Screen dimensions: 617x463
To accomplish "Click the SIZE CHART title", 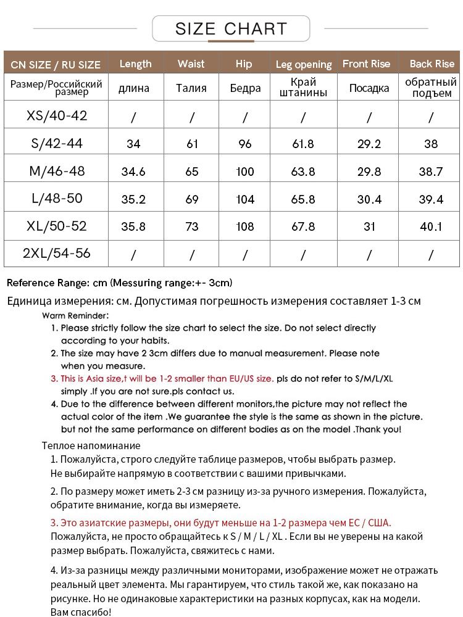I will point(231,28).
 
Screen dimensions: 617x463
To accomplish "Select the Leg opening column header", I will point(303,64).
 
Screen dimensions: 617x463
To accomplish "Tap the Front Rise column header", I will point(366,64).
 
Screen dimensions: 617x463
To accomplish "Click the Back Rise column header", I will point(432,64).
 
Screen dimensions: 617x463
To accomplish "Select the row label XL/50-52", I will point(57,226).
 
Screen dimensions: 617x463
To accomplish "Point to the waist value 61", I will point(192,144).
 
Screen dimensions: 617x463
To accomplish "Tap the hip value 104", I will point(245,199).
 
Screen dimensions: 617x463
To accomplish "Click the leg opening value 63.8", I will point(303,172).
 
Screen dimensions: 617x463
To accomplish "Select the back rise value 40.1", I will point(431,226).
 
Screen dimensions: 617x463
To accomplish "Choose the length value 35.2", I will point(133,199).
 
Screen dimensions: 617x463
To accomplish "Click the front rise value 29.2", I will point(369,144).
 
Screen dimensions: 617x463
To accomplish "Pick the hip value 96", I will point(245,144).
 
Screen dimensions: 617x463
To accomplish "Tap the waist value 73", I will point(192,226).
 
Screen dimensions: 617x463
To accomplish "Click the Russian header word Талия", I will point(191,88).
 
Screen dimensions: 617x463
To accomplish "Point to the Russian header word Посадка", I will point(369,88).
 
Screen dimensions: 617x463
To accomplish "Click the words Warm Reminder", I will point(75,315).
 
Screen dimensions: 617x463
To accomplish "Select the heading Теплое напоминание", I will point(91,445).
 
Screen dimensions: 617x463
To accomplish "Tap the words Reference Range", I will point(48,283).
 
